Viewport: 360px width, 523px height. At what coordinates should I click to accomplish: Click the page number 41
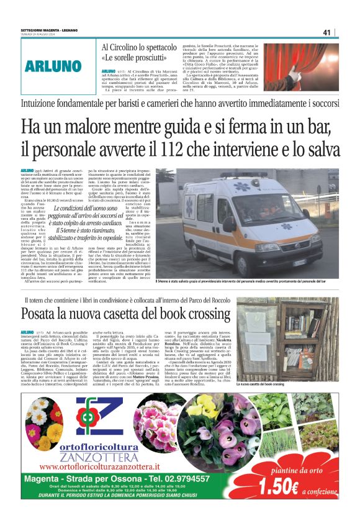[x=326, y=32]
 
